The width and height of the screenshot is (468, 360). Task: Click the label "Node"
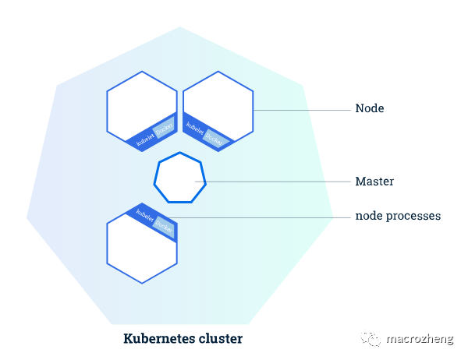click(x=369, y=109)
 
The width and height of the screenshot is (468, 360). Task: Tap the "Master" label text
click(x=374, y=182)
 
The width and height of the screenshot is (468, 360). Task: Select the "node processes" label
click(x=398, y=216)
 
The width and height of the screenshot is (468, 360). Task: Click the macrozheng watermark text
click(x=421, y=339)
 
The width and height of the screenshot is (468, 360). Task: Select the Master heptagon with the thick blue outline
click(x=180, y=178)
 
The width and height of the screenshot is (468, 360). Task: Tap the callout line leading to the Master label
click(x=273, y=182)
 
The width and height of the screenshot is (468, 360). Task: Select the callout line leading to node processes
click(x=257, y=217)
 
